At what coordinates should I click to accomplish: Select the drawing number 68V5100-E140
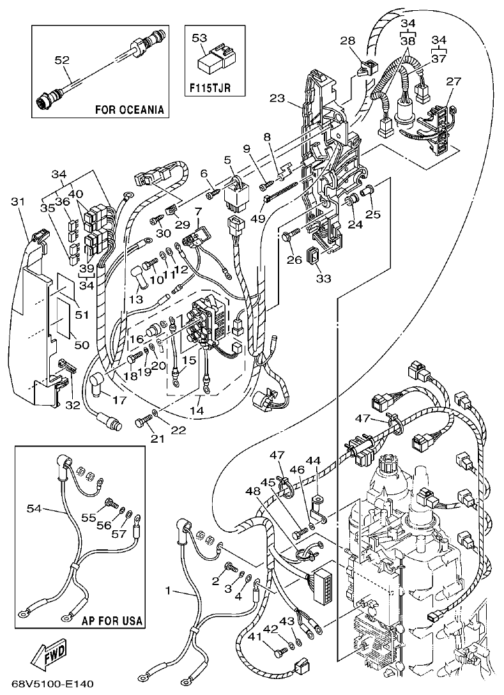(x=48, y=684)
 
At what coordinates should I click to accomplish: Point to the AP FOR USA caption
(x=112, y=620)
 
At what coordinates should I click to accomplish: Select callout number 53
(x=200, y=38)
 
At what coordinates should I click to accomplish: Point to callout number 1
(x=168, y=591)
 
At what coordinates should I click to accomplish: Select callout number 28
(x=347, y=42)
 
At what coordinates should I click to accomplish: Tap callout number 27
(x=453, y=81)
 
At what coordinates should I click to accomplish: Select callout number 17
(x=119, y=401)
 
